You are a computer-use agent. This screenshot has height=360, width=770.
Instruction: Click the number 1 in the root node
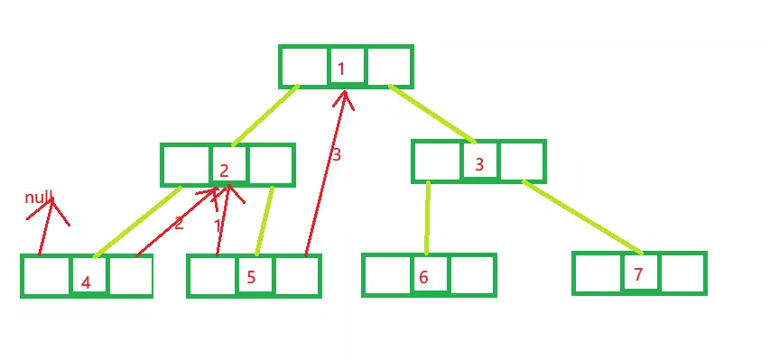pos(341,69)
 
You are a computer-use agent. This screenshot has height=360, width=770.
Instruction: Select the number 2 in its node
pos(224,171)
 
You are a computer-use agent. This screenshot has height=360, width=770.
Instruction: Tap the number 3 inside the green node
pos(479,165)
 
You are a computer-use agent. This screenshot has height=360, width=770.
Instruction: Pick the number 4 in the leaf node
pos(86,282)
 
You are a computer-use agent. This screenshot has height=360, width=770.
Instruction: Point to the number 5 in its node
pos(252,278)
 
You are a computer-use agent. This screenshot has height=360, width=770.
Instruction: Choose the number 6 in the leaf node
pos(423,277)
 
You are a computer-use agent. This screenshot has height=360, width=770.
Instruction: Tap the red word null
pos(39,198)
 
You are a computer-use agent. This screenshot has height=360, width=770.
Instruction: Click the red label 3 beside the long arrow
pos(337,155)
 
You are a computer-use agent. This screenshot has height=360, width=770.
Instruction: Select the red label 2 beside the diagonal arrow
pos(179,223)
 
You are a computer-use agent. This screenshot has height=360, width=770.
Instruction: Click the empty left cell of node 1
pos(304,67)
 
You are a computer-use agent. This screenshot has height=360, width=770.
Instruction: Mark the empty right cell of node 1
pos(389,67)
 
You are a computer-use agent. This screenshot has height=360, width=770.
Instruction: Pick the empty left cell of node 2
pos(186,165)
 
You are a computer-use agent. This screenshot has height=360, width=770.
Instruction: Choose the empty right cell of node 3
pos(523,162)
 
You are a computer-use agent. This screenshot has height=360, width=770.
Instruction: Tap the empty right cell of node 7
pos(682,273)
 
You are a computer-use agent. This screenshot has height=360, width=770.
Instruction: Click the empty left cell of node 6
pos(386,275)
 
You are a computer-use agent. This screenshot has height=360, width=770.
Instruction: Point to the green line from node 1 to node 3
pos(431,114)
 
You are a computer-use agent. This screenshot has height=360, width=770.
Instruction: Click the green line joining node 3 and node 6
pos(427,217)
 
